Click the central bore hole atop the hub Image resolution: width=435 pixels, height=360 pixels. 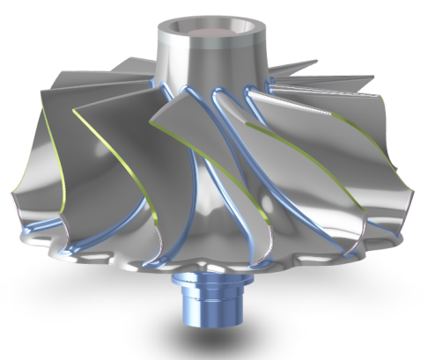(x=209, y=29)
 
